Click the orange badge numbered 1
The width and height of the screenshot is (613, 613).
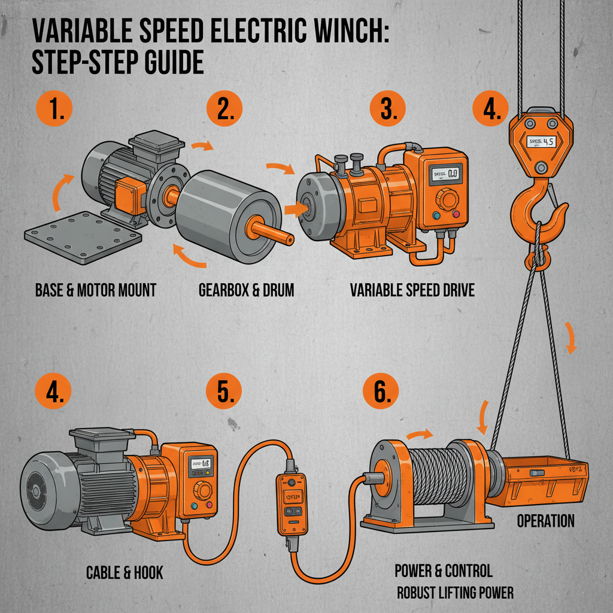click(x=54, y=110)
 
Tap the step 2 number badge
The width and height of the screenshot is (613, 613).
click(x=224, y=110)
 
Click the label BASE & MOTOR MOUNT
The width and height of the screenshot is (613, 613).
click(x=96, y=291)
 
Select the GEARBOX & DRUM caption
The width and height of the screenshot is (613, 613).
click(x=246, y=291)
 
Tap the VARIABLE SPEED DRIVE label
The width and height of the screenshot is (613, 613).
click(x=412, y=291)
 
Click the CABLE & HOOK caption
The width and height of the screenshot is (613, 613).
click(x=125, y=573)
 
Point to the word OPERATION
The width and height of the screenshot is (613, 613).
click(x=545, y=521)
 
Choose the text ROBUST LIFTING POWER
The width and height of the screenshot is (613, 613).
click(x=456, y=593)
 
